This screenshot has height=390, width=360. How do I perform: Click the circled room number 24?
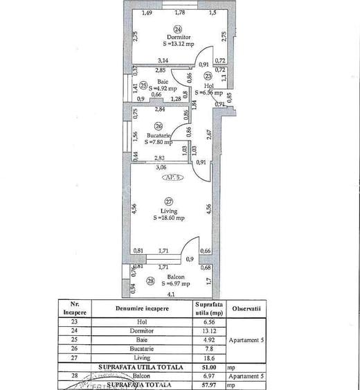(178, 29)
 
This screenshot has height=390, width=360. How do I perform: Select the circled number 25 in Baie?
(143, 86)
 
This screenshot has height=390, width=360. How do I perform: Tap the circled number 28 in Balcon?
(152, 281)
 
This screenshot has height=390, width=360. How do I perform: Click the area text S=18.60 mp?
(169, 218)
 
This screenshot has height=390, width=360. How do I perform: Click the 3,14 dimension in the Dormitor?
(163, 60)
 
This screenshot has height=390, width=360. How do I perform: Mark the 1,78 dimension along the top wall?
(180, 12)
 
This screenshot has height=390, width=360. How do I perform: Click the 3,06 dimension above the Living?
(161, 167)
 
